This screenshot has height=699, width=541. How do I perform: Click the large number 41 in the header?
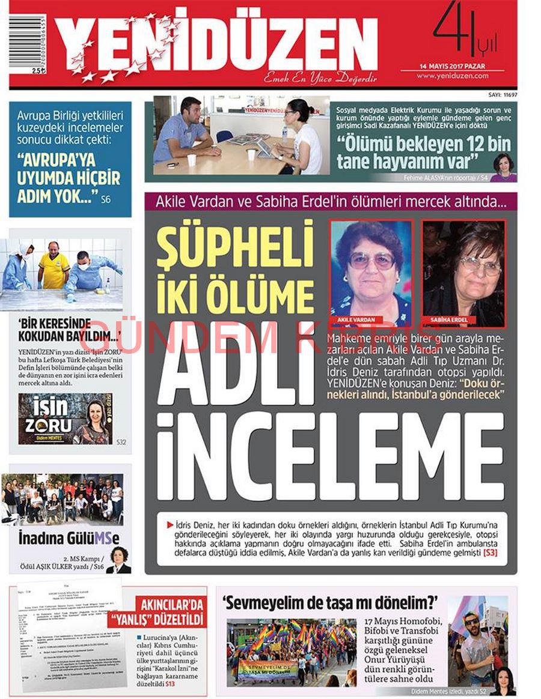click(452, 31)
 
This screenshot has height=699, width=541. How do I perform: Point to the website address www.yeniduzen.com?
click(452, 76)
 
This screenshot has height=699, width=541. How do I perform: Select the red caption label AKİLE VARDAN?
click(347, 320)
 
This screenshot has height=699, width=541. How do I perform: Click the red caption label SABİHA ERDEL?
click(445, 320)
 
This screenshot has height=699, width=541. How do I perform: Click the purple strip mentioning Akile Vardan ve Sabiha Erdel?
click(330, 201)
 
